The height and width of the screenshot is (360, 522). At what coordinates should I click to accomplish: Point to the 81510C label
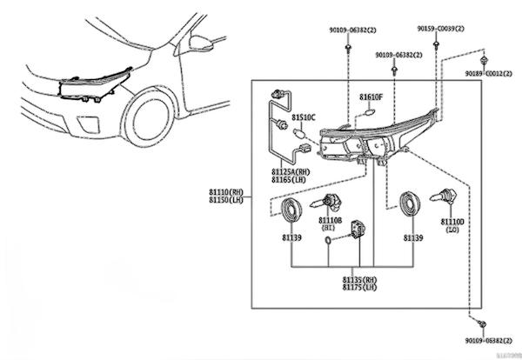pos(304,116)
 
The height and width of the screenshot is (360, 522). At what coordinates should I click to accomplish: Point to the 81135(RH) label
pos(358,280)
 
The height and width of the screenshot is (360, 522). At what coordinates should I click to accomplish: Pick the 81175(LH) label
pos(358,288)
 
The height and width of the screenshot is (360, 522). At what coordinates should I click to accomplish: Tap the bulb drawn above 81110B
pos(330,203)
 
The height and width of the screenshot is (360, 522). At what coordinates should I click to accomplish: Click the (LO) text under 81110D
pos(453,230)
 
